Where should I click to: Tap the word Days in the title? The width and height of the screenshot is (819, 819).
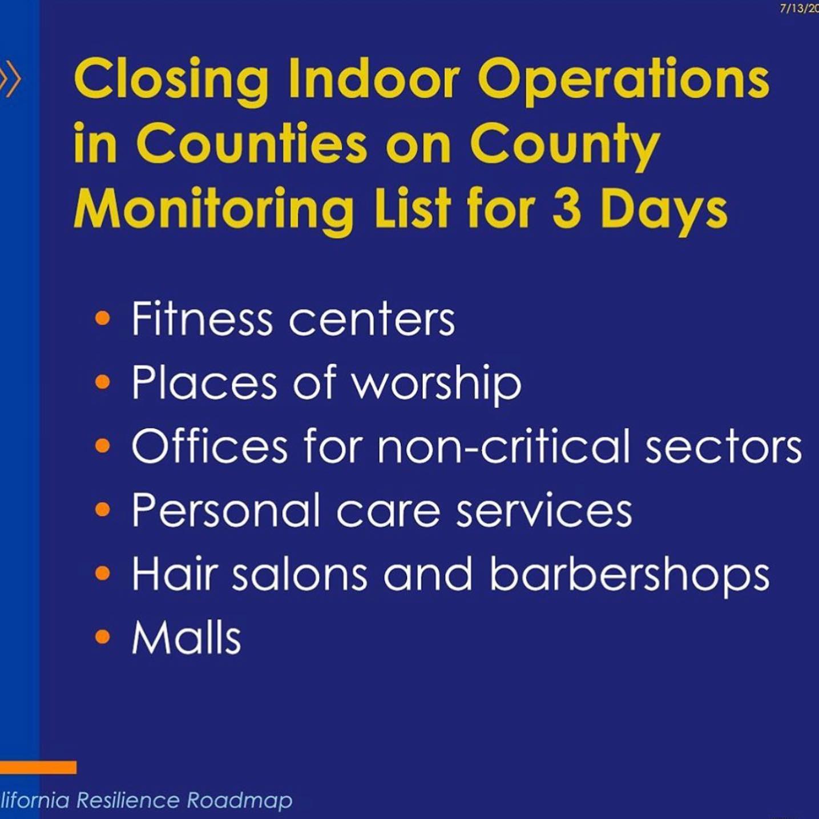pyautogui.click(x=664, y=211)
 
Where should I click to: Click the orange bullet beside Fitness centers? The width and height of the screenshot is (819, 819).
pyautogui.click(x=103, y=319)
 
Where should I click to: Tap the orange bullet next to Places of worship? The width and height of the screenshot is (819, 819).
pyautogui.click(x=103, y=382)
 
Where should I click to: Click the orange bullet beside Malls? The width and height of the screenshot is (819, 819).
pyautogui.click(x=103, y=637)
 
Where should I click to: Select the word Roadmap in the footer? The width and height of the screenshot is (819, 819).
pyautogui.click(x=240, y=801)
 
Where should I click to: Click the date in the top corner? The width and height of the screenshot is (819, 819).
pyautogui.click(x=799, y=9)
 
